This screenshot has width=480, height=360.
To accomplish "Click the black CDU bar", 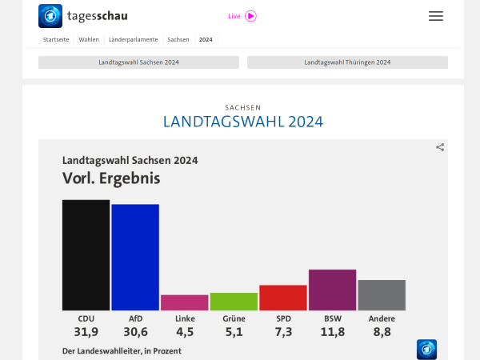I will [86, 254].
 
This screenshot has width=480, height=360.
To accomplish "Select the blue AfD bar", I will [135, 257].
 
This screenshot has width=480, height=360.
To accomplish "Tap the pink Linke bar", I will [185, 302].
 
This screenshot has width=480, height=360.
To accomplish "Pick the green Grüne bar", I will [234, 302].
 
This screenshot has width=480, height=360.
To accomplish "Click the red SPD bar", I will [283, 298].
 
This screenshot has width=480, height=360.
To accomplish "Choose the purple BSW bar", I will [332, 290].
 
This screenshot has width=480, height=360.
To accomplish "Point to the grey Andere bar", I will [382, 295].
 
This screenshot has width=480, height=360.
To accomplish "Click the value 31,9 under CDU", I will [86, 332].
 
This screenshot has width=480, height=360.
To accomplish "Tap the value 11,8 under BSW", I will [332, 332].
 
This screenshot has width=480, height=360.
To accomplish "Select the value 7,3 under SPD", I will [283, 332].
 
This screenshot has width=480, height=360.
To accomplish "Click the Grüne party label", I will [234, 318].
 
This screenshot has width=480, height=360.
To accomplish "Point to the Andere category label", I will [382, 318].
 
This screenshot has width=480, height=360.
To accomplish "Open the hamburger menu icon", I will [436, 16].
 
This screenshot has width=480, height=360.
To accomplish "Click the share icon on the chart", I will [440, 147].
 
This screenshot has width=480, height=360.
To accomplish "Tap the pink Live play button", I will [250, 16].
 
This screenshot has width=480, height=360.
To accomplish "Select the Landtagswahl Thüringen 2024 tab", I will [347, 62].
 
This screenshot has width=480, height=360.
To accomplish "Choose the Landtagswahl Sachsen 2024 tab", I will [138, 62].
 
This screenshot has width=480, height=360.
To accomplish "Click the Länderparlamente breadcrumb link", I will [133, 39].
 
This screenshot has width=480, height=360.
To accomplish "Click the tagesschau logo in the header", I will [83, 16].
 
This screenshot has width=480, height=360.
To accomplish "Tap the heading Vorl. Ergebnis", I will [111, 178].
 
